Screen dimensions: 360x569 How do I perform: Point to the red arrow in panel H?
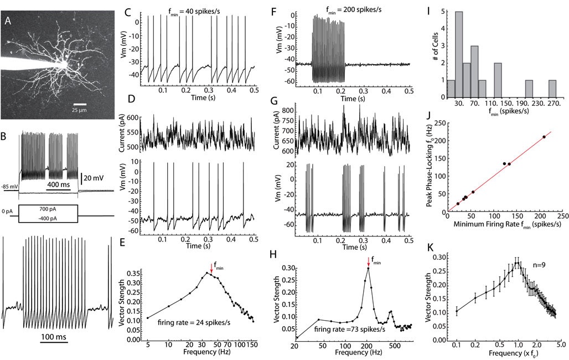368,261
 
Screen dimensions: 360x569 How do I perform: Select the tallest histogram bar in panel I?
459,54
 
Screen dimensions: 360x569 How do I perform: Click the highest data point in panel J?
544,137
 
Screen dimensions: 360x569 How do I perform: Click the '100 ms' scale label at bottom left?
54,337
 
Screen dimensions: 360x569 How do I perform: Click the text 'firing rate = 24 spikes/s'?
189,322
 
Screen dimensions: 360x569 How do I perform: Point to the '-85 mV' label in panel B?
9,186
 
